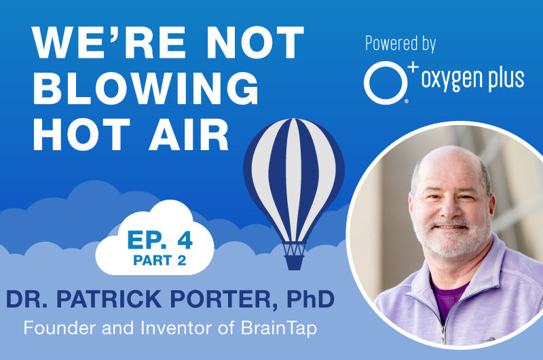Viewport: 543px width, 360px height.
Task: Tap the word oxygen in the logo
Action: [451, 79]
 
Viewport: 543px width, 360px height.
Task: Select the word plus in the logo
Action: [504, 79]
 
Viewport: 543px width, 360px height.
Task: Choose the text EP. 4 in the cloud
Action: [157, 240]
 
